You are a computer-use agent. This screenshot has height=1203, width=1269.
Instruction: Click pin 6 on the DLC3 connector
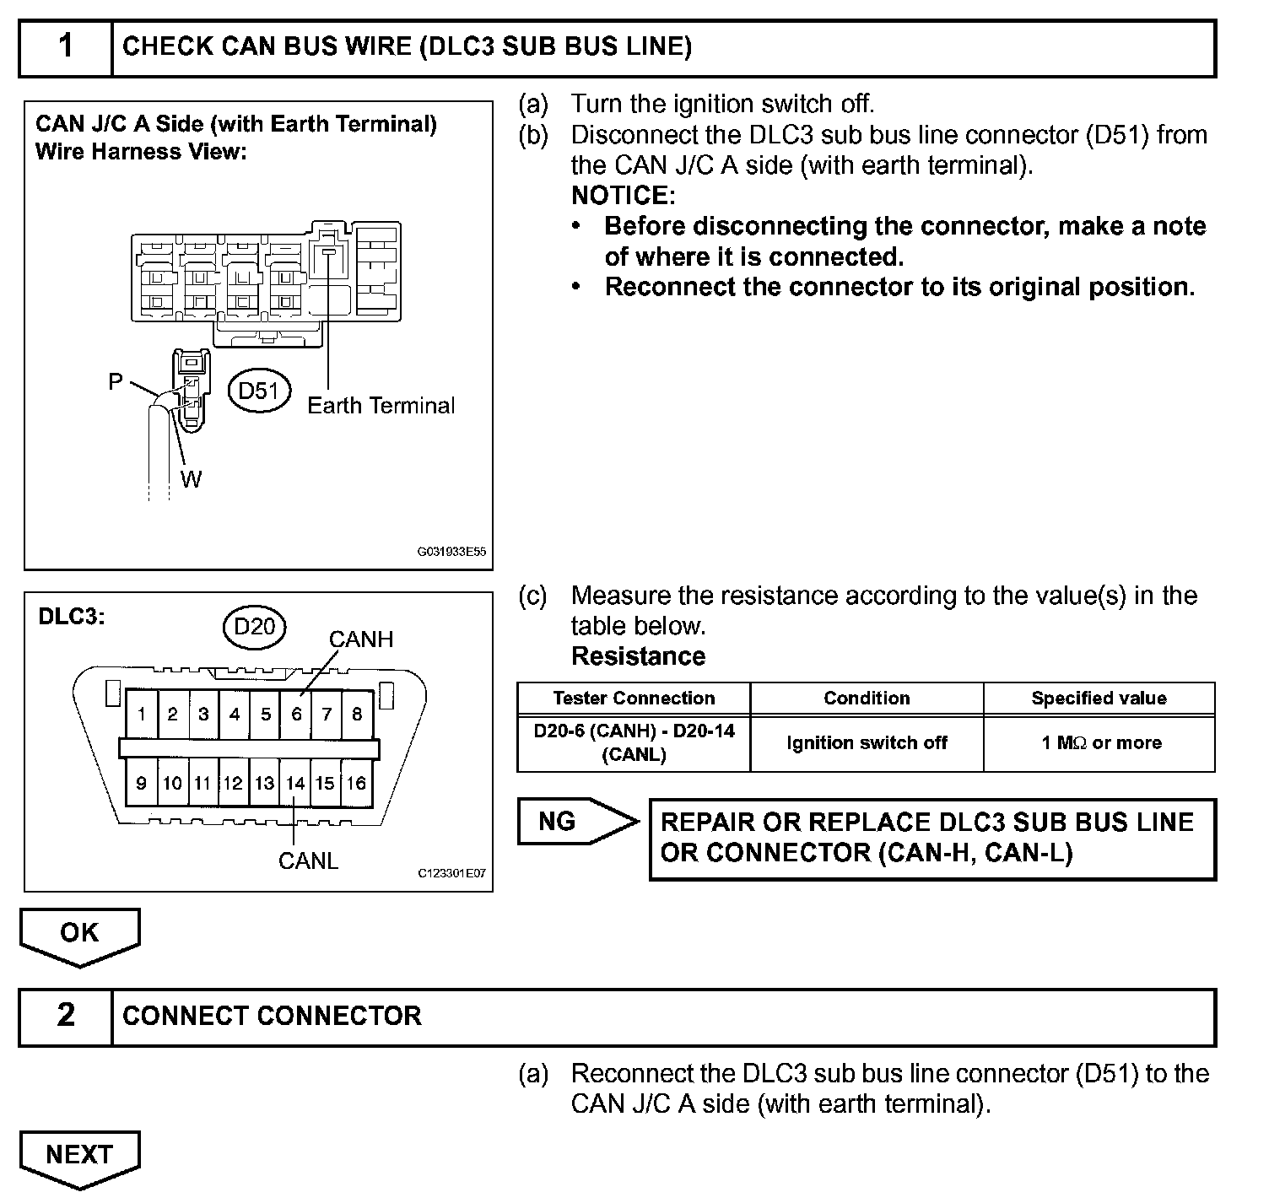tap(296, 715)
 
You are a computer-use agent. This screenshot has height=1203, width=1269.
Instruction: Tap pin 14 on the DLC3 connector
tap(294, 783)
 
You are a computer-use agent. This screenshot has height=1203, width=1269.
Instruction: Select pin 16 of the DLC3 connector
tap(357, 783)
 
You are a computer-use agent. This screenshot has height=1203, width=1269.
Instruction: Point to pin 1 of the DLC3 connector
tap(142, 715)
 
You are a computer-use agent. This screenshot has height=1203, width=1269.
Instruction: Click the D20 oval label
tap(255, 627)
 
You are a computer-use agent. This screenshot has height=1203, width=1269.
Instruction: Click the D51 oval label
tap(259, 391)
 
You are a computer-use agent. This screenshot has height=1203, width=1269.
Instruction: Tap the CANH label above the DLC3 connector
tap(361, 639)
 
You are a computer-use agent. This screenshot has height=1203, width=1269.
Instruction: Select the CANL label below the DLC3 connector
tap(308, 860)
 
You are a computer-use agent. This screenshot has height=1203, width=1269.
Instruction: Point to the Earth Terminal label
tap(381, 406)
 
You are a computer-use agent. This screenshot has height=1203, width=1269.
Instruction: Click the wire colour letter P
tap(116, 382)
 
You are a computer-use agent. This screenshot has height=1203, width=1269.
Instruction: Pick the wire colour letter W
tap(192, 479)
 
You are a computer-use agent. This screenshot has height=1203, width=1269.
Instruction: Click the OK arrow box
tap(79, 933)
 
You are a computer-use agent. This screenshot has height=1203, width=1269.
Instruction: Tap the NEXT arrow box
tap(79, 1155)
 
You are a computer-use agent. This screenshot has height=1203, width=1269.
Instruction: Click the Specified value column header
tap(1099, 699)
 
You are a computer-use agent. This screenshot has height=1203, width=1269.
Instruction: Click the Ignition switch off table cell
tap(867, 743)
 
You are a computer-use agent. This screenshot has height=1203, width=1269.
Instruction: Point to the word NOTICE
tap(624, 196)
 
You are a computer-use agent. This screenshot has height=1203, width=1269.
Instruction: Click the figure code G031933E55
tap(451, 553)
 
